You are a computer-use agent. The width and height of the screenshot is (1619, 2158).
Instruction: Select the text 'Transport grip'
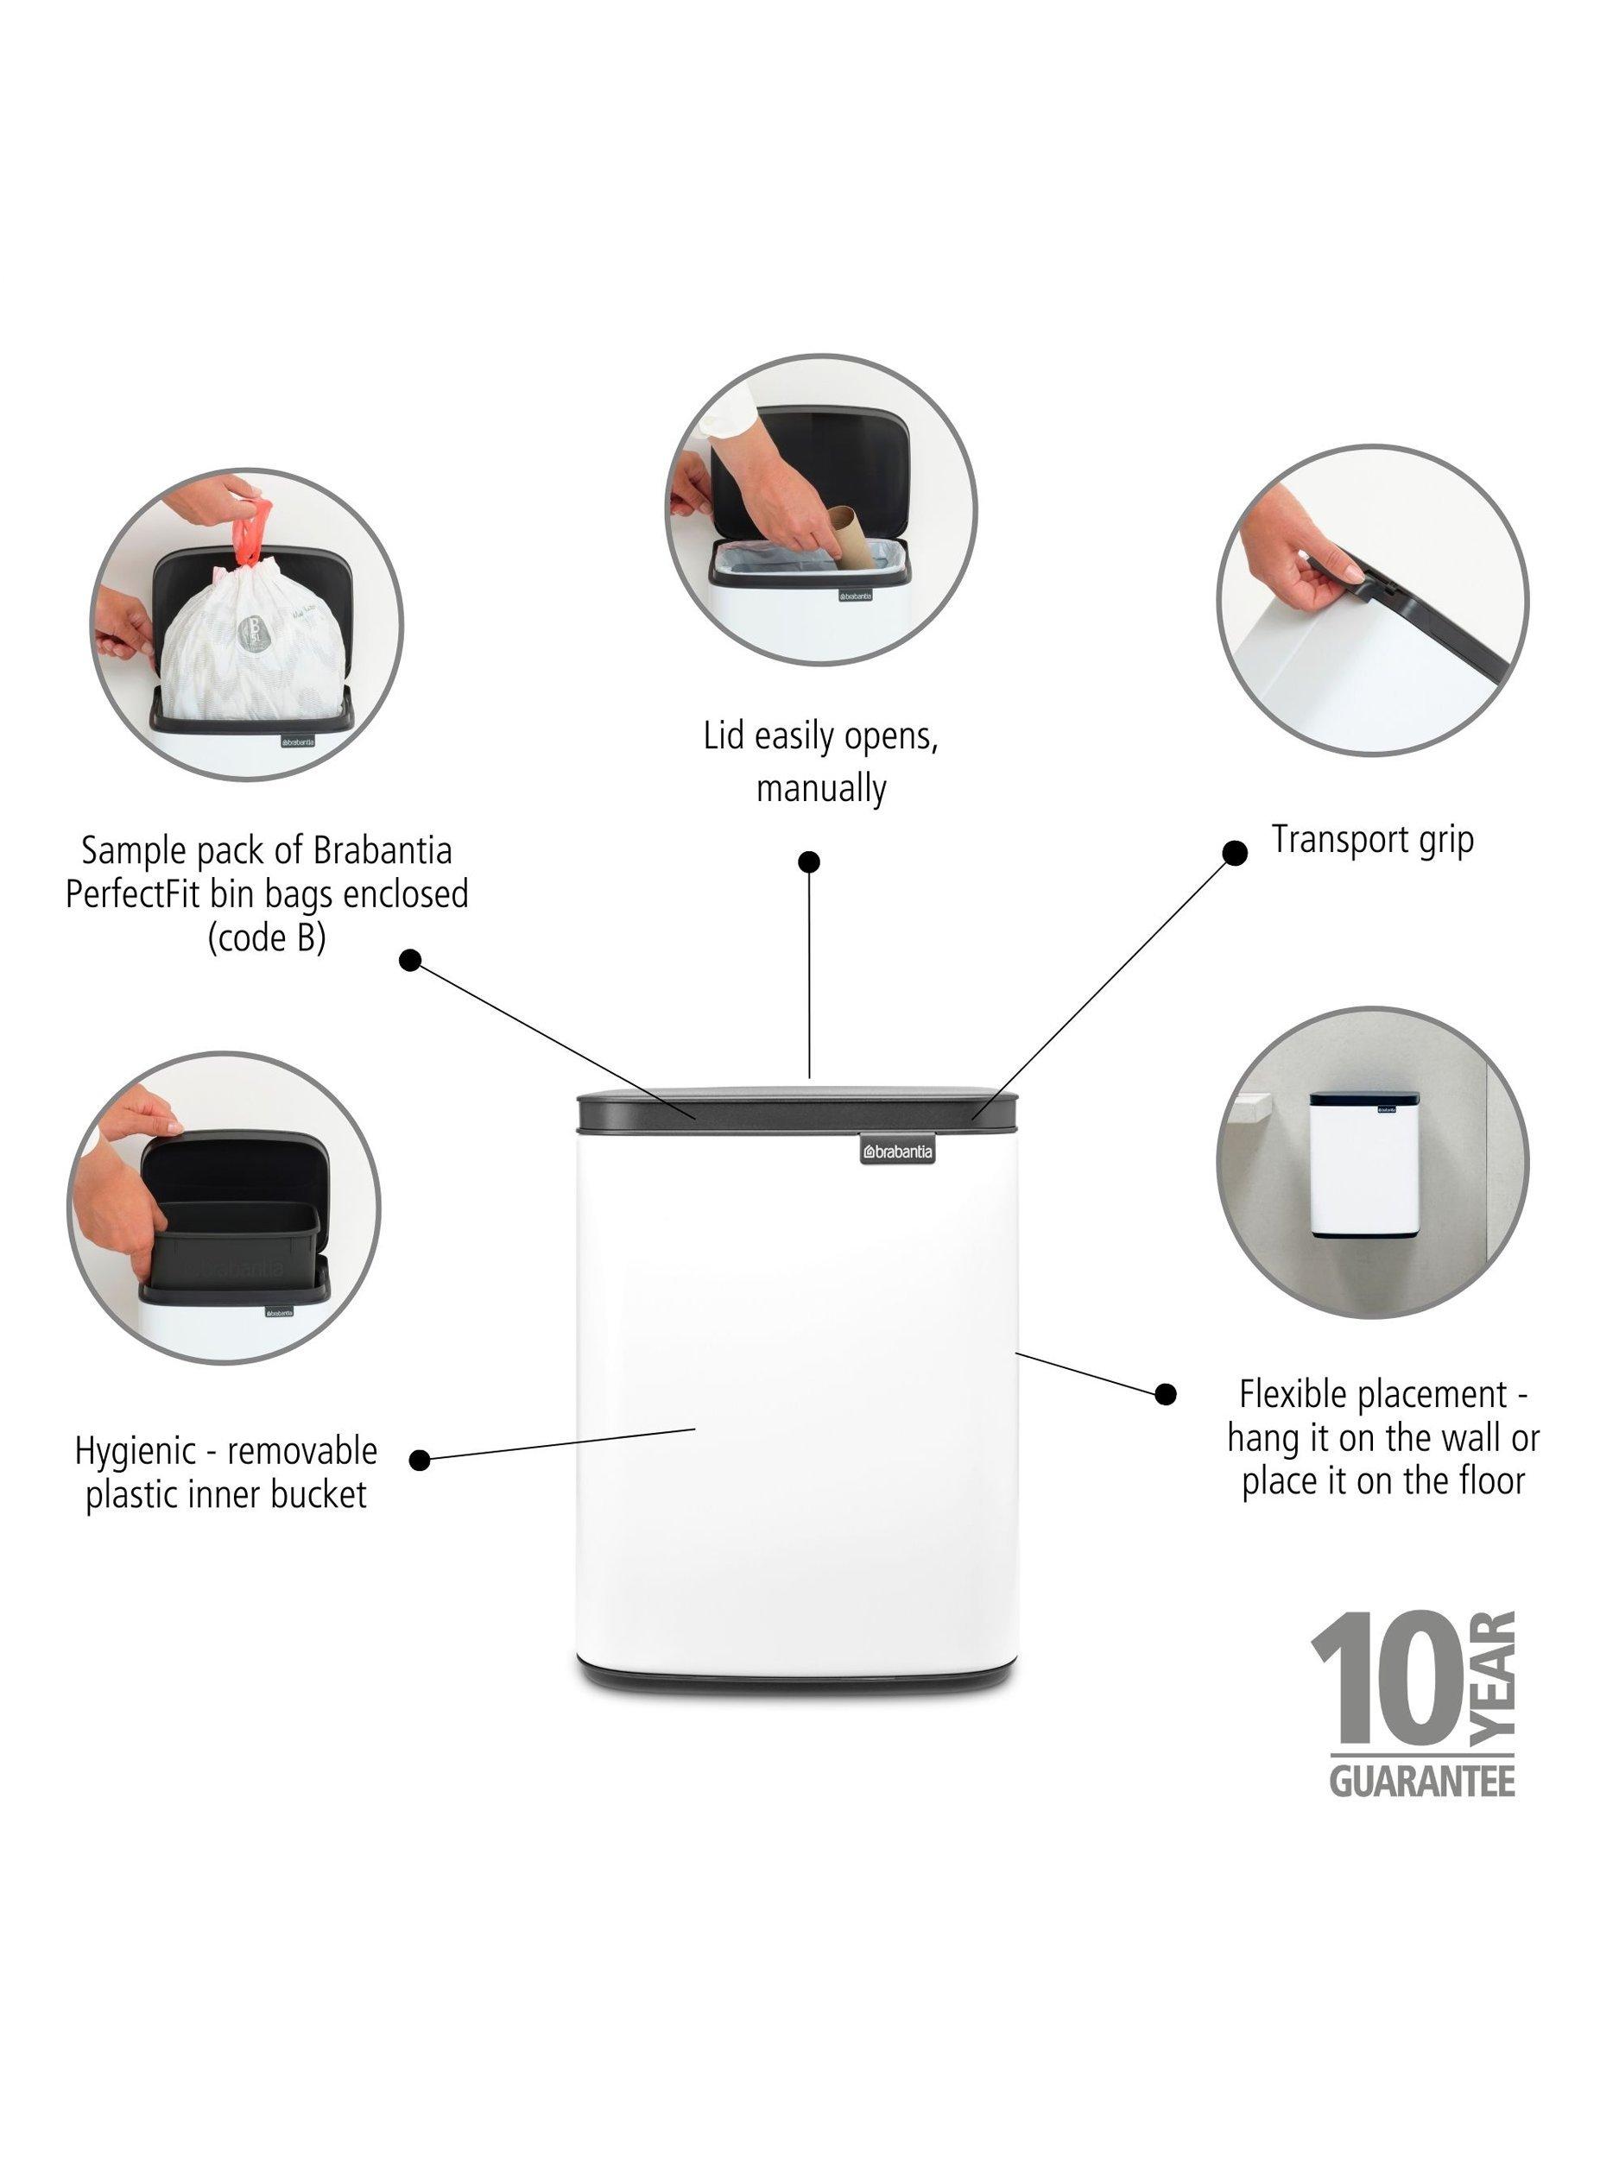tap(1371, 840)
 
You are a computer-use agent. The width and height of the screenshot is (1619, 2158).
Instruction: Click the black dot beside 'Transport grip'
tap(1235, 853)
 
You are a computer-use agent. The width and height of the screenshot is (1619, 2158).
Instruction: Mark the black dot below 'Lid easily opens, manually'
tap(809, 861)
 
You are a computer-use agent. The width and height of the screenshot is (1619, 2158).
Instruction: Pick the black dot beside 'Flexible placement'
tap(1165, 1394)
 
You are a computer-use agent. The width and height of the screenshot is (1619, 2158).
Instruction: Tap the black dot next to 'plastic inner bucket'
tap(420, 1460)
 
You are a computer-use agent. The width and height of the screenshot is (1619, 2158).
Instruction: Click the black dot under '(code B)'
tap(411, 960)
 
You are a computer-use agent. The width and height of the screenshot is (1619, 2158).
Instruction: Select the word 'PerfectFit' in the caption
tap(134, 893)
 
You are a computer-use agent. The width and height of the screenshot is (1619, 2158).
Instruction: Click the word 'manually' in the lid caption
tap(820, 787)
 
